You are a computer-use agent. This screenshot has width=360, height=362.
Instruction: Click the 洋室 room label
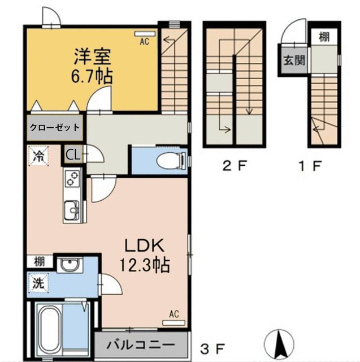click(93, 57)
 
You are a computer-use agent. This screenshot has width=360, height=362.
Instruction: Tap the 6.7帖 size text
click(93, 75)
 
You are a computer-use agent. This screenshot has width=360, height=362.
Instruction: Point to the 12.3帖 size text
click(144, 264)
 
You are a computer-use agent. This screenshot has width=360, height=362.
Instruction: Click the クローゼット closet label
click(54, 127)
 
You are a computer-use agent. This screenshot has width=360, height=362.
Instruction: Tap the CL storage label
click(73, 154)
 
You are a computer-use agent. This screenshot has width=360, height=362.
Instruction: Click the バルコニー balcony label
click(140, 344)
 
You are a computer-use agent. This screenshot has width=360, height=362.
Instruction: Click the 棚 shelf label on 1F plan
click(323, 38)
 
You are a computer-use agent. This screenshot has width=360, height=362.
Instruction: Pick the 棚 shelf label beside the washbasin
click(38, 262)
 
